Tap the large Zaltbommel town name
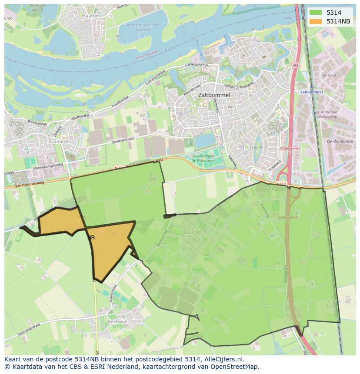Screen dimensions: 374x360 [213, 95]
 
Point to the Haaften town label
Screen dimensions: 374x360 [90, 16]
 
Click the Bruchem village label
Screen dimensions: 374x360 [193, 232]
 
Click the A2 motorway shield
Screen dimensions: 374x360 [296, 65]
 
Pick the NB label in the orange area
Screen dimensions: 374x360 [91, 238]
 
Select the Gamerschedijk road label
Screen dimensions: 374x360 [198, 65]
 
